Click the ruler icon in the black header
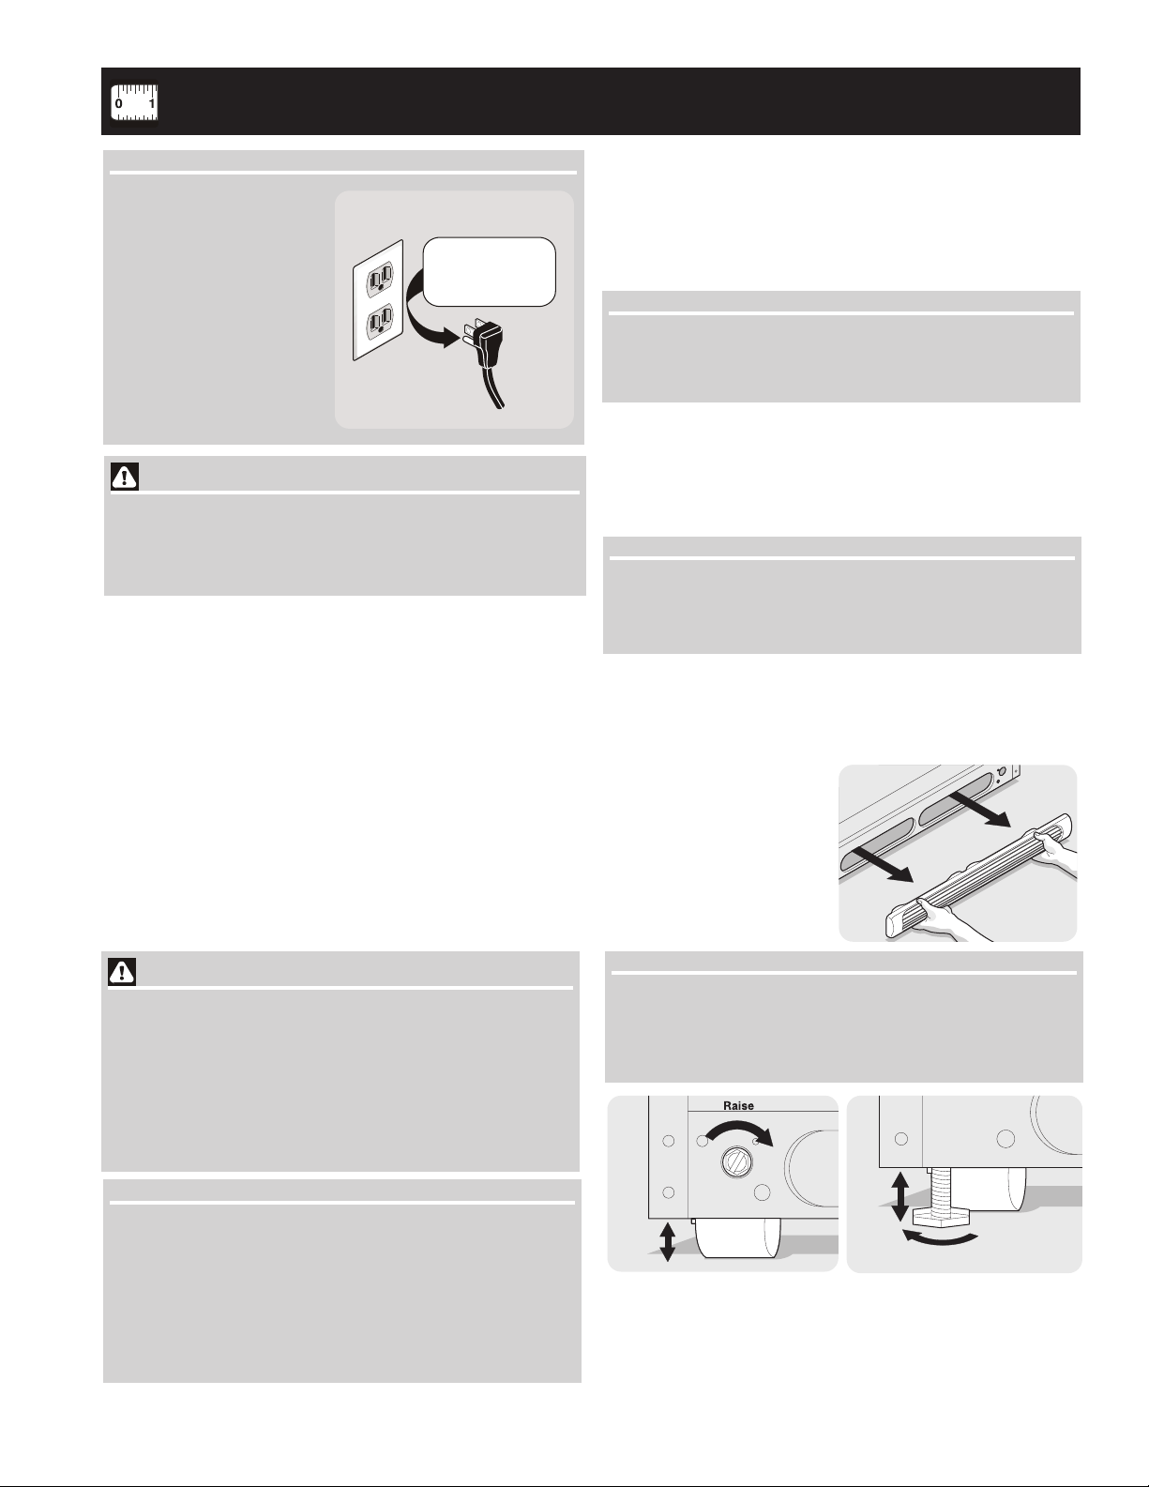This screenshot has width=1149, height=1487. pos(134,103)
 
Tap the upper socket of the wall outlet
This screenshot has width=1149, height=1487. pos(381,279)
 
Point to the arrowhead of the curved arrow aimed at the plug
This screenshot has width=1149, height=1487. pos(449,337)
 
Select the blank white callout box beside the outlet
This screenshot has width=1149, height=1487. pos(489,272)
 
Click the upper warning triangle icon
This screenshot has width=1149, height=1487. pos(125,477)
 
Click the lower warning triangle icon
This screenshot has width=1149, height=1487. pos(122,972)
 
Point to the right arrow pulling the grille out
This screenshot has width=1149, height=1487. pos(979,810)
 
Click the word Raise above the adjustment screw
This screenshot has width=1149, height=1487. pos(739,1105)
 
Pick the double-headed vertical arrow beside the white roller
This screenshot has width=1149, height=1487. pos(668,1242)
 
